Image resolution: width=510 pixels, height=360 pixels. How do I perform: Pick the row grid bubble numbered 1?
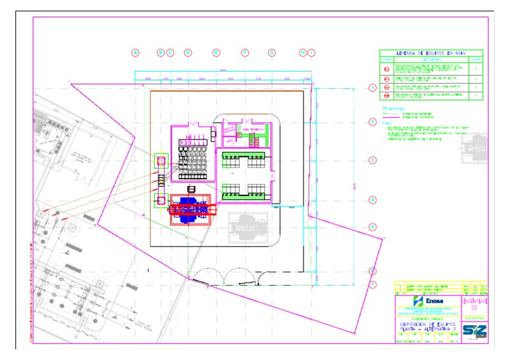click(x=373, y=87)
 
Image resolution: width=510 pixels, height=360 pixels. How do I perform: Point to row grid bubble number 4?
click(x=373, y=199)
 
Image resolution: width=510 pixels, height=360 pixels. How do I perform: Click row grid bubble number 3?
click(x=373, y=160)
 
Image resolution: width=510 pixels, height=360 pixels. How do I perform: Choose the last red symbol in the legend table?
click(x=387, y=96)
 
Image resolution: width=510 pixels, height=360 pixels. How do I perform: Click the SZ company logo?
click(x=474, y=330)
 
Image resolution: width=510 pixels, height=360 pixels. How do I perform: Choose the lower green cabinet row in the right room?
click(x=244, y=193)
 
